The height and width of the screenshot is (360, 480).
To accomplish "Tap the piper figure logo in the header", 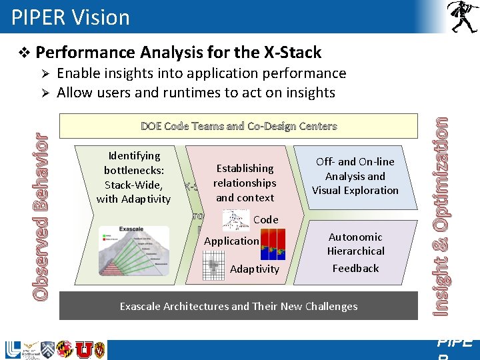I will (x=461, y=17).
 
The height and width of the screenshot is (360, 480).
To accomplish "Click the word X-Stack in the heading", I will (x=289, y=53).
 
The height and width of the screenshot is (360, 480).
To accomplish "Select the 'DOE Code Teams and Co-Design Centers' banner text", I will (x=239, y=126).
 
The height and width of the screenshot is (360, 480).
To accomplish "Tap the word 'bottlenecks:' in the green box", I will (x=133, y=170).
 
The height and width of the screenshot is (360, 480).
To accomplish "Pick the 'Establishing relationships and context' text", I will (x=245, y=183).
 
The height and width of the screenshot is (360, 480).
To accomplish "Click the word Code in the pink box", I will (x=265, y=219).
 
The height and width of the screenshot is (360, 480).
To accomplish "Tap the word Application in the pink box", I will (x=231, y=241).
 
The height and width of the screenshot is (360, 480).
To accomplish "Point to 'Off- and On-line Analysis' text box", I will (x=355, y=176).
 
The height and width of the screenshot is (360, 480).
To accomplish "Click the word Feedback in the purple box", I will (x=355, y=268).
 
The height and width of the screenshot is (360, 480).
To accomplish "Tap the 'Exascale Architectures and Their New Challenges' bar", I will (x=239, y=307).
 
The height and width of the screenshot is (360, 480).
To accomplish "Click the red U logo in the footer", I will (x=83, y=349).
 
